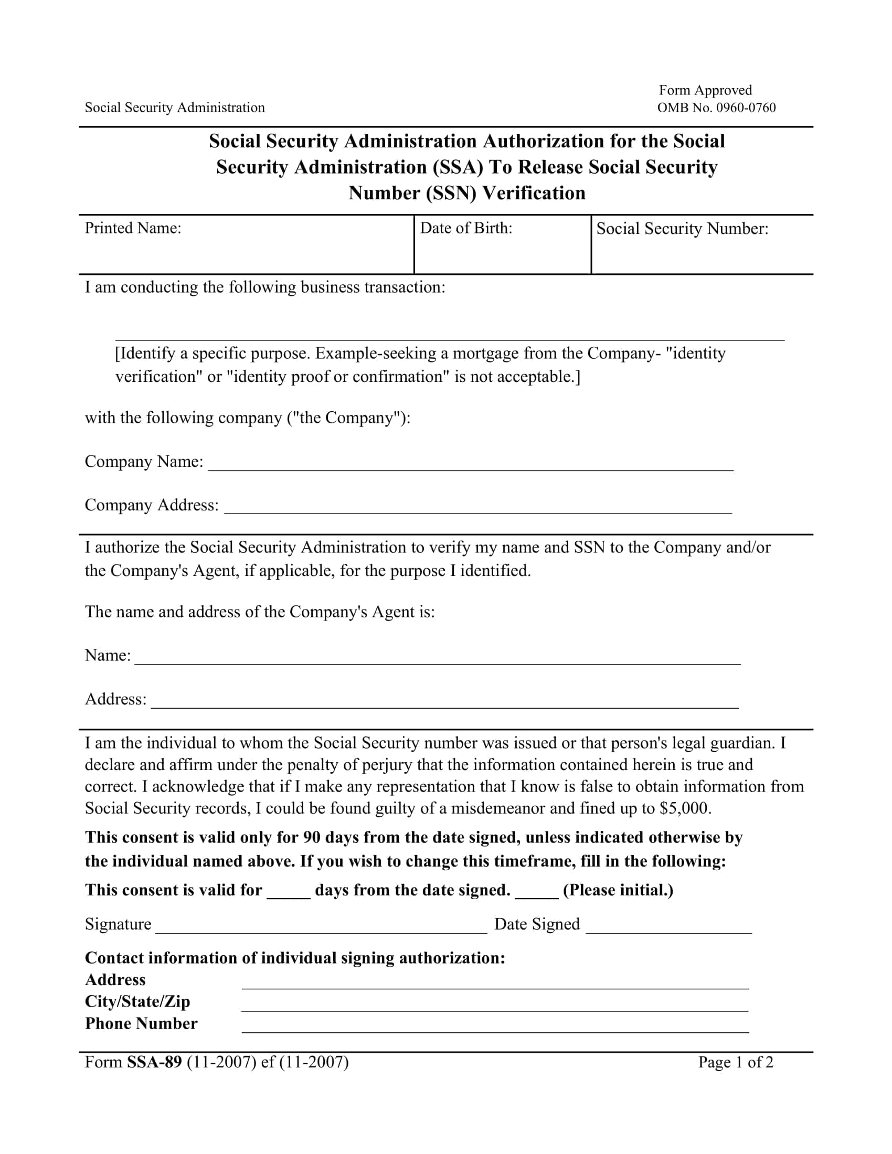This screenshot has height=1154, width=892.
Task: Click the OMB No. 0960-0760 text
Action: [716, 108]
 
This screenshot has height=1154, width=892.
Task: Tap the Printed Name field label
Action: [133, 228]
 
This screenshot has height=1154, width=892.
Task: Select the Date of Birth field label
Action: [465, 228]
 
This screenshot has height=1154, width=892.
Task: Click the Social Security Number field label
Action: [682, 229]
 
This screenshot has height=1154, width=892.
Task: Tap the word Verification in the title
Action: [534, 194]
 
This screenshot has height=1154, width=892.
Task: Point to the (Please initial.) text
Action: [618, 890]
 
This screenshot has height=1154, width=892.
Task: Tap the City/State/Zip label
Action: [137, 1001]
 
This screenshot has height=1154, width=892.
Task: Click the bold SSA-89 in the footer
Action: [154, 1062]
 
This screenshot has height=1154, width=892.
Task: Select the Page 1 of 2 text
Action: [736, 1063]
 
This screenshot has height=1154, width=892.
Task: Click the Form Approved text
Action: [705, 90]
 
